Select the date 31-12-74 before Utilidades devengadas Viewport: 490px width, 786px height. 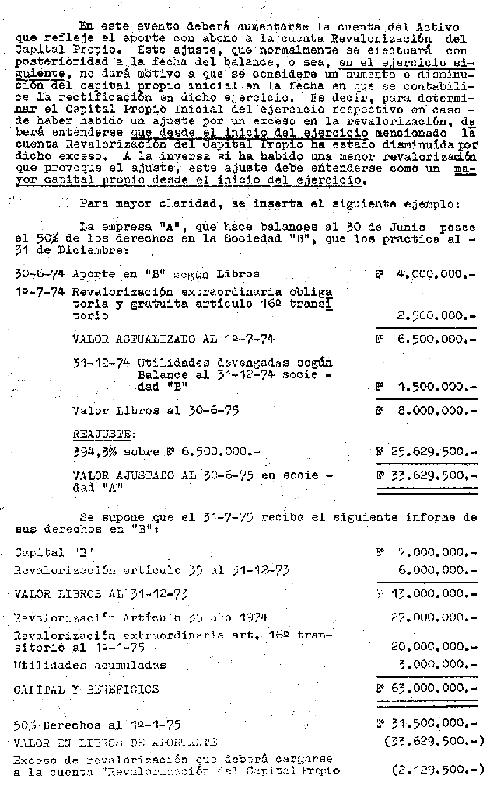(103, 362)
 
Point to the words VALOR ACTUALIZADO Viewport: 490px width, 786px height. (131, 339)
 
